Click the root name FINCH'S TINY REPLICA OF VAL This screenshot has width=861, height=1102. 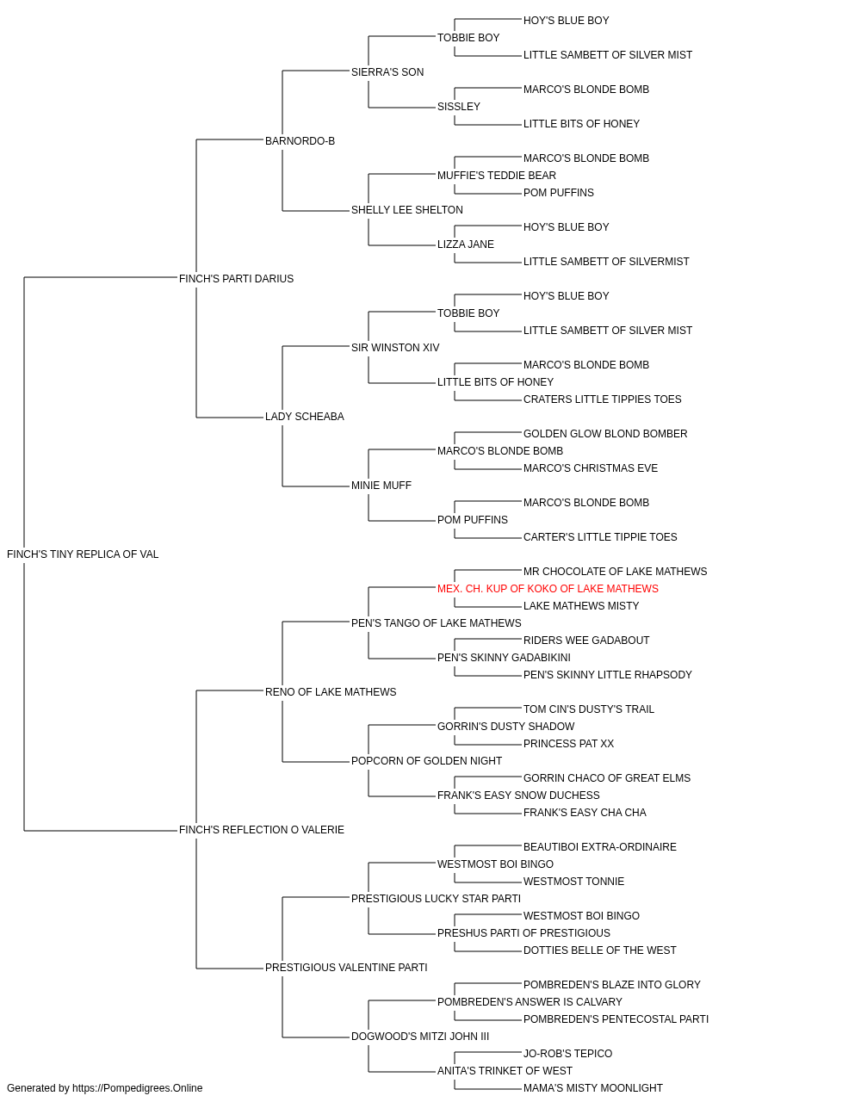coord(83,554)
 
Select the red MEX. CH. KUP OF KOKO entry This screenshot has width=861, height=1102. coord(548,589)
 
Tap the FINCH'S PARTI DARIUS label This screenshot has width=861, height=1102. coord(236,279)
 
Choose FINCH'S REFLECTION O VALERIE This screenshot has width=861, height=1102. coord(262,830)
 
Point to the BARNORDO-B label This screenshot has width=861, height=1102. coord(300,141)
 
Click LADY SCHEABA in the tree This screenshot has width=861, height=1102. coord(305,417)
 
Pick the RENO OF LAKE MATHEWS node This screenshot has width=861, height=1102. coord(331,692)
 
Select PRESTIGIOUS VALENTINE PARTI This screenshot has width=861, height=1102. coord(346,968)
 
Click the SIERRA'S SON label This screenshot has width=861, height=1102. coord(387,72)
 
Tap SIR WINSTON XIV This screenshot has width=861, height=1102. coord(395,348)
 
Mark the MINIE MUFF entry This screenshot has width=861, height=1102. coord(381,486)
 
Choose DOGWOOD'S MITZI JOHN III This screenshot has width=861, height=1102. coord(420,1037)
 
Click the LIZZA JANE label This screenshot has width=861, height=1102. coord(466,245)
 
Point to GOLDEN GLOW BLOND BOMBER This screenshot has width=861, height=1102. coord(605,434)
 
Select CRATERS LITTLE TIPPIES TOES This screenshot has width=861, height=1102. coord(603,399)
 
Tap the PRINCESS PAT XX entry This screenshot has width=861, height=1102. coord(568,744)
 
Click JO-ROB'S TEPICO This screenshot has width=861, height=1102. coord(568,1054)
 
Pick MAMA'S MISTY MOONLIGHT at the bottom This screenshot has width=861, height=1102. coord(593,1088)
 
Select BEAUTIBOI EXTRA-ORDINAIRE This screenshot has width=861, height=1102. coord(600,847)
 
